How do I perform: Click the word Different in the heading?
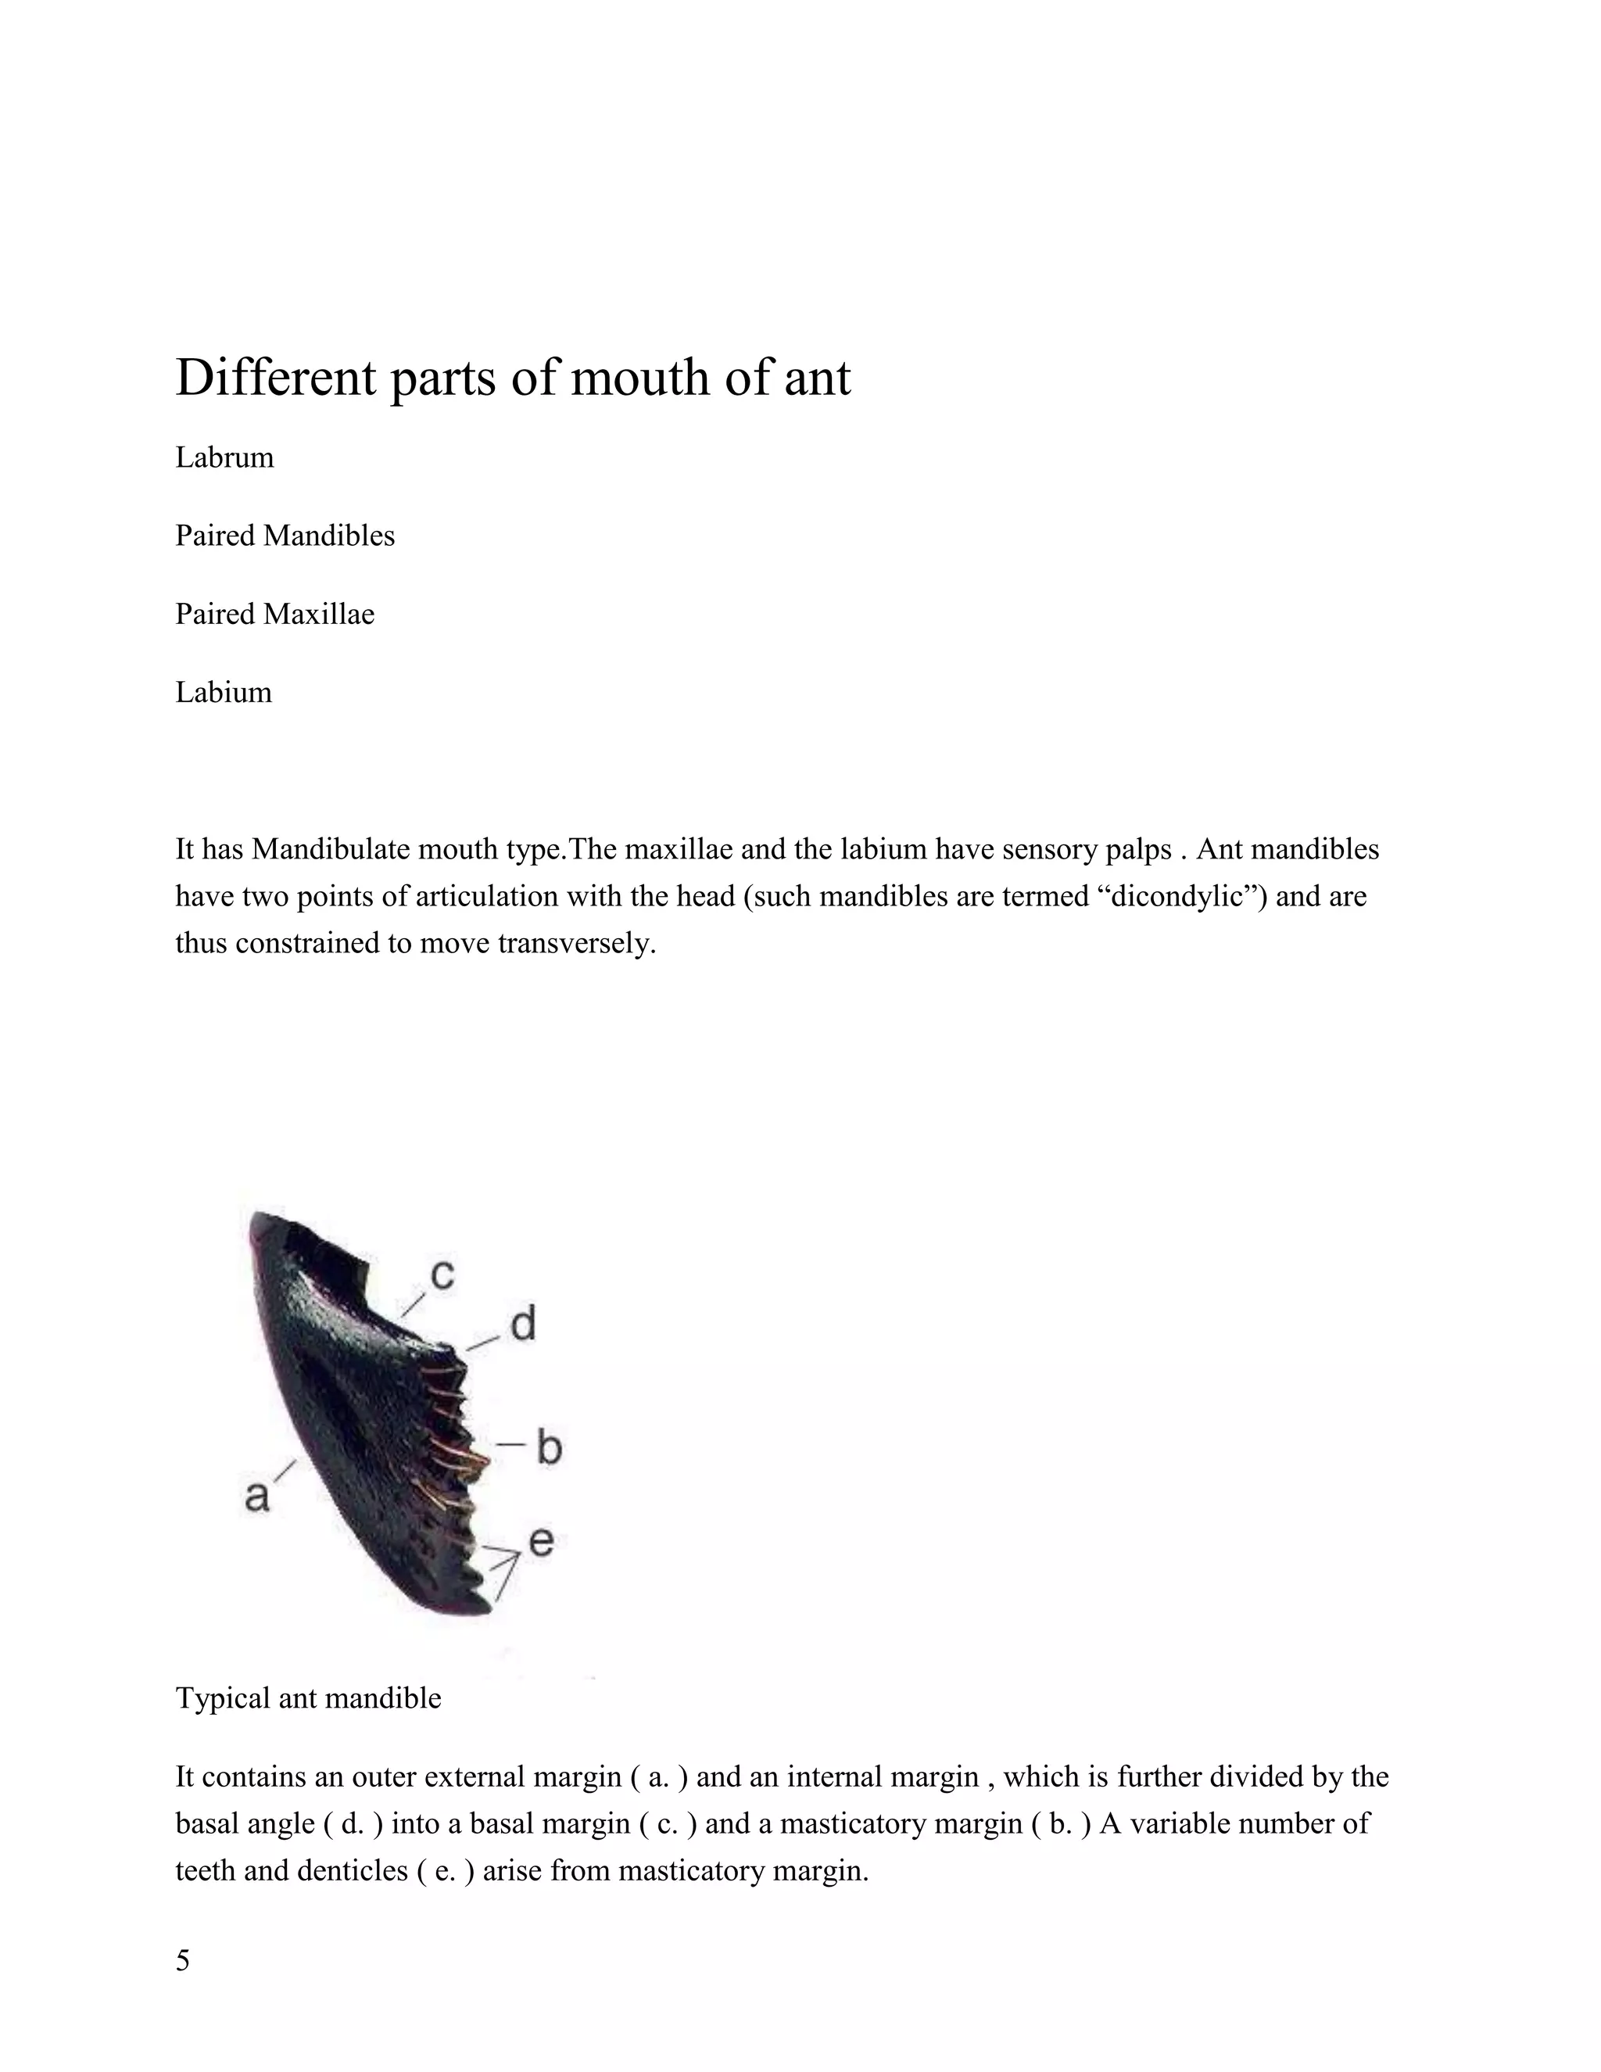[276, 378]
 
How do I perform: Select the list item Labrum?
[225, 457]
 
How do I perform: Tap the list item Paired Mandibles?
[285, 536]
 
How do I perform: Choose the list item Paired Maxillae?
[275, 615]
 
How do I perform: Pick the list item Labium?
[224, 693]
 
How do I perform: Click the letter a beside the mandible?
[257, 1496]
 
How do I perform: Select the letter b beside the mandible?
[549, 1448]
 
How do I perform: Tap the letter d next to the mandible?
[523, 1324]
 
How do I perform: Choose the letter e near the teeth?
[541, 1541]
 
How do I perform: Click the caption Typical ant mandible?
[308, 1697]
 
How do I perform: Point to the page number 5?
[183, 1959]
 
